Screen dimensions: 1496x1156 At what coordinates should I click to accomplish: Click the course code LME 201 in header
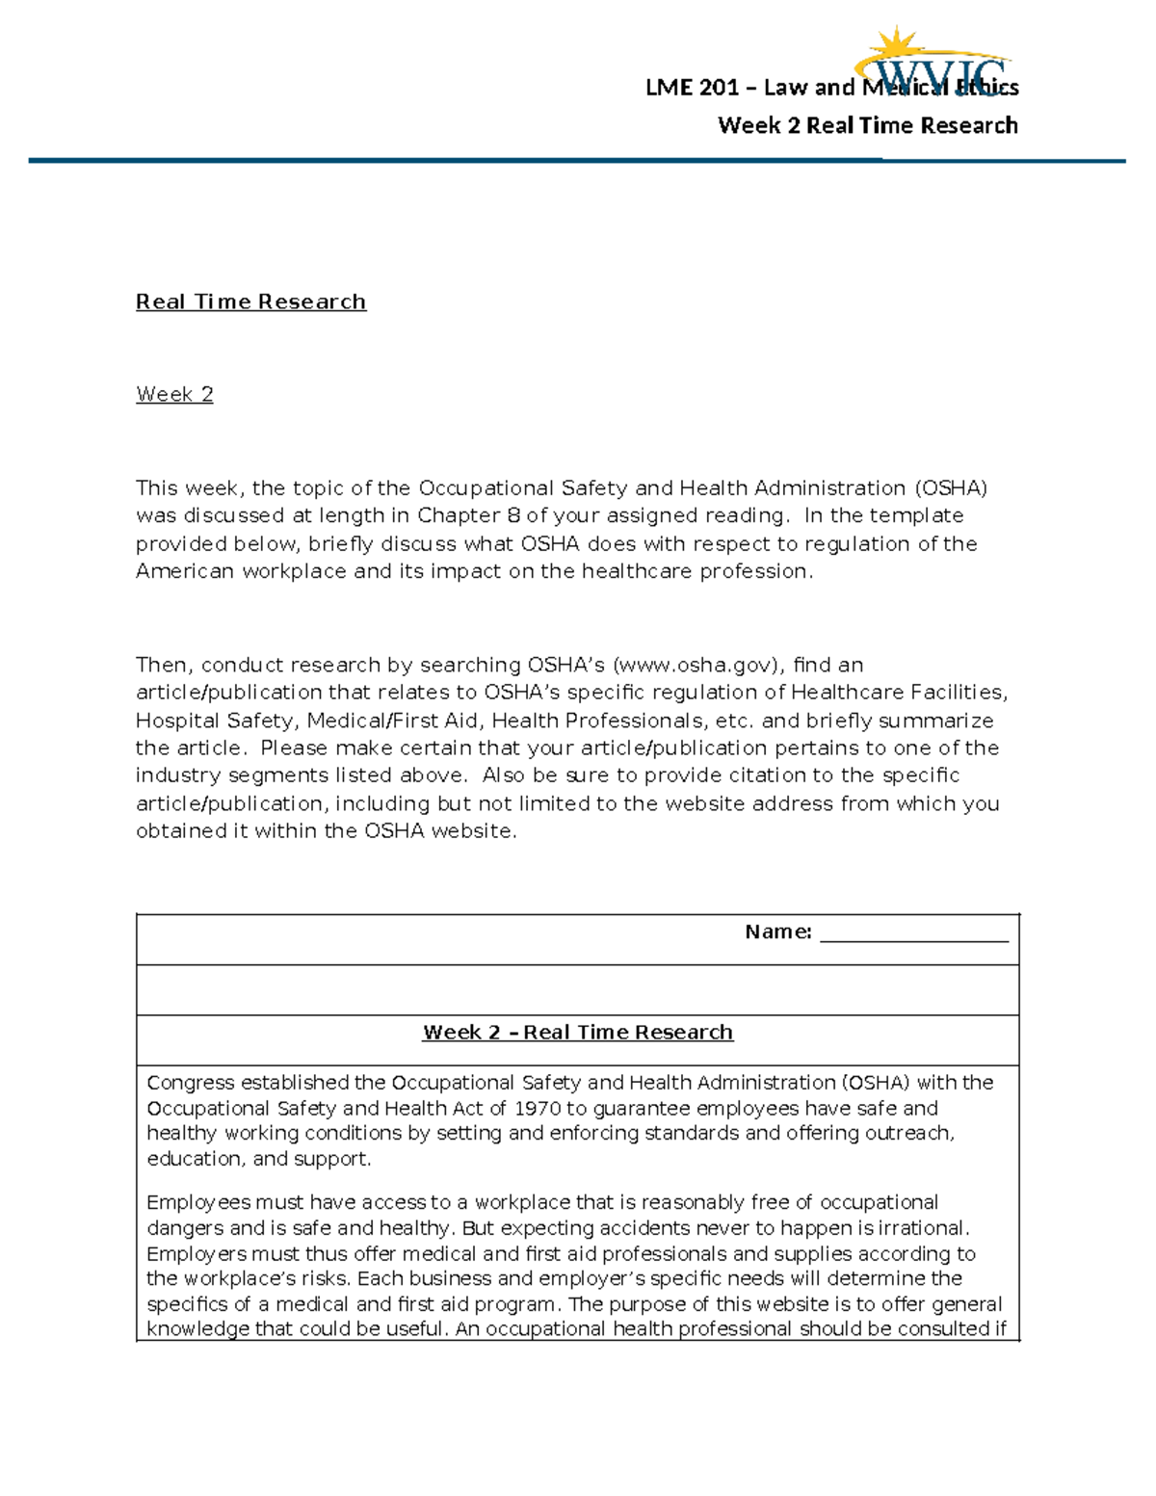[x=692, y=89]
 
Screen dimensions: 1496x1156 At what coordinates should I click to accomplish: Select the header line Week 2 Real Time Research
[x=867, y=126]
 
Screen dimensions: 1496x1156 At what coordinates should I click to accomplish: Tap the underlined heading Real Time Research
[x=250, y=302]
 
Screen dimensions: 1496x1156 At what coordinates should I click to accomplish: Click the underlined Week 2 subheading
[x=174, y=395]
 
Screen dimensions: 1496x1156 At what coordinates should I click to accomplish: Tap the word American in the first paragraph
[x=184, y=571]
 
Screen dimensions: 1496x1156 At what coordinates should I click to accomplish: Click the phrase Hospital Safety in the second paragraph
[x=214, y=722]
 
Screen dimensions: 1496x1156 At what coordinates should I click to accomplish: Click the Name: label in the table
[x=777, y=932]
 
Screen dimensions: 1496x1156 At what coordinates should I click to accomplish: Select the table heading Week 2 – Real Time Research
[x=577, y=1033]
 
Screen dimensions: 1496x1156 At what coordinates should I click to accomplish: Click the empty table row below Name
[x=577, y=990]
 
